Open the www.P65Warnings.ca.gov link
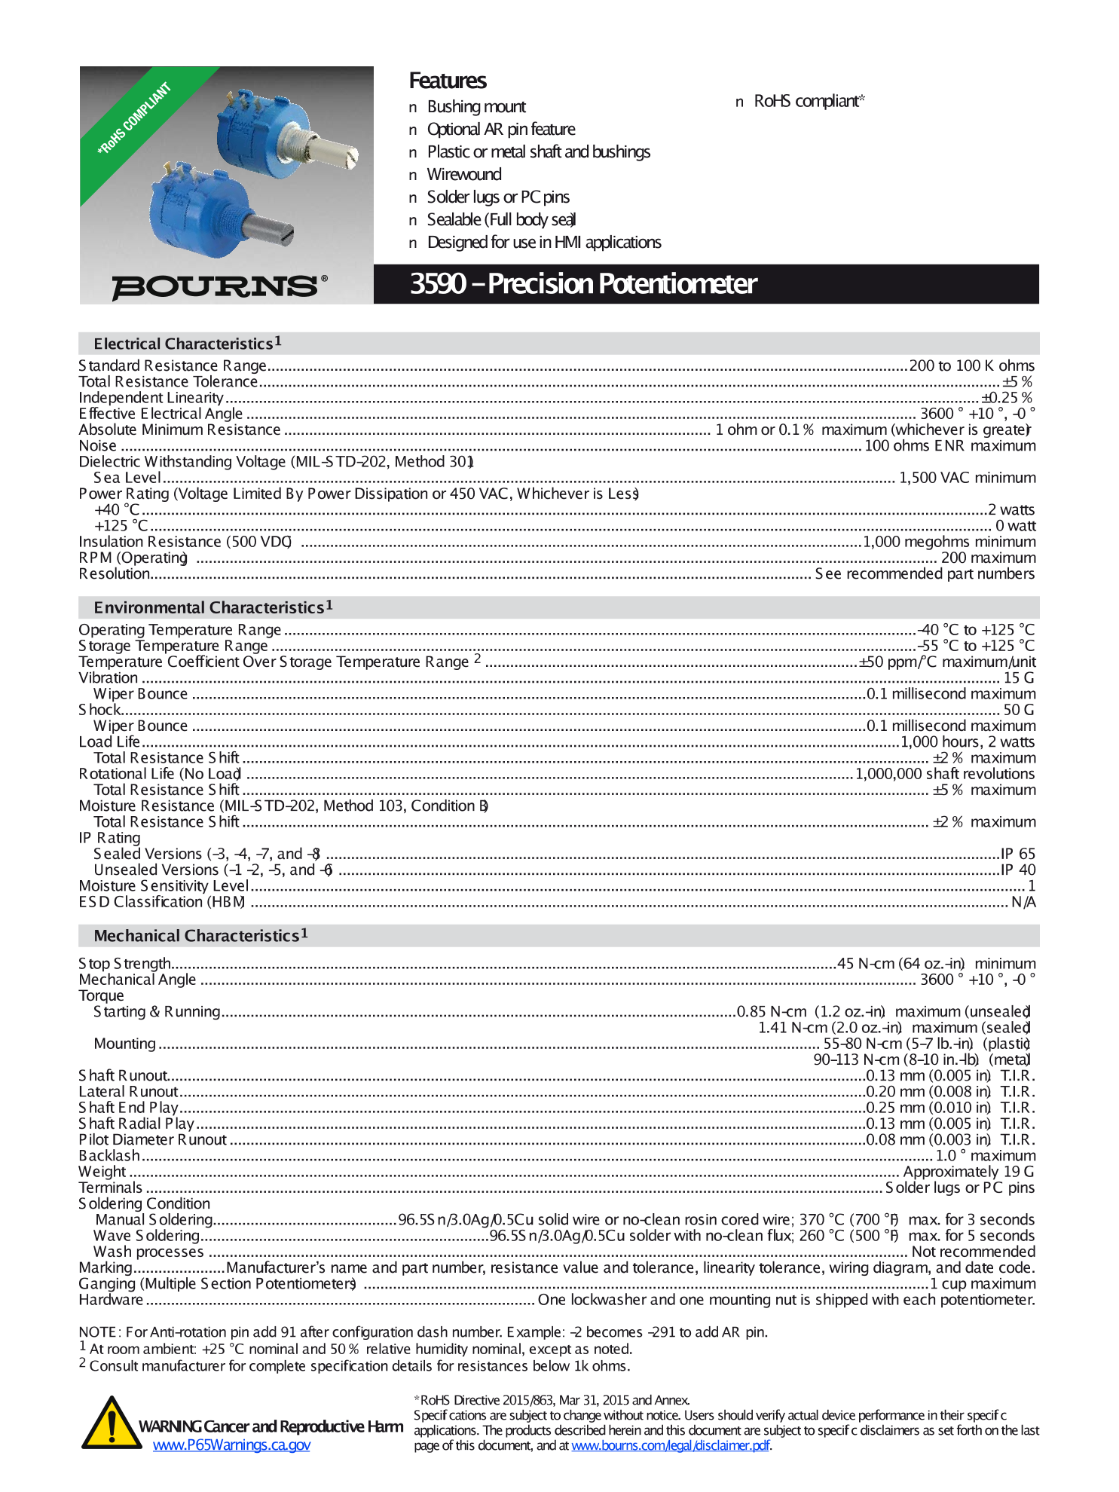(x=231, y=1445)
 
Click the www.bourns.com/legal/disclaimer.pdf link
(x=670, y=1445)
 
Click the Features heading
(x=447, y=81)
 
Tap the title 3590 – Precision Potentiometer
(x=582, y=284)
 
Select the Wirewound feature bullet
(x=463, y=175)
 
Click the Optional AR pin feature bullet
(x=500, y=130)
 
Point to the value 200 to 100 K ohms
(x=971, y=365)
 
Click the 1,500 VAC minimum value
(x=967, y=478)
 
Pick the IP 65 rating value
(x=1017, y=854)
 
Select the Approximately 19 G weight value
(x=968, y=1172)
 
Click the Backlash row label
(x=109, y=1156)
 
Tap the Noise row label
(x=98, y=446)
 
